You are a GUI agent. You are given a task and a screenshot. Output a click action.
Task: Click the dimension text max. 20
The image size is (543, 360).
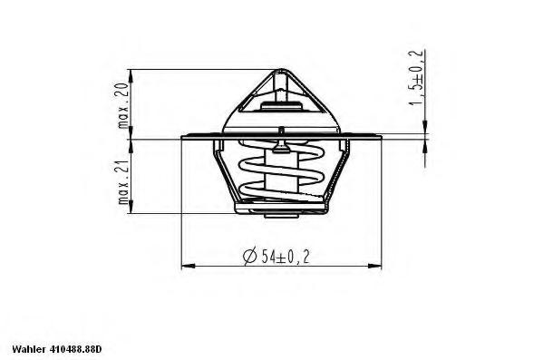pyautogui.click(x=123, y=105)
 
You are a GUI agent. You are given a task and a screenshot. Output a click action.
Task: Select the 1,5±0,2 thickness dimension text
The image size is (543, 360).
pyautogui.click(x=416, y=77)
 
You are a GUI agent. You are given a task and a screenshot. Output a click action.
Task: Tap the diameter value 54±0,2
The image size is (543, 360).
pyautogui.click(x=286, y=257)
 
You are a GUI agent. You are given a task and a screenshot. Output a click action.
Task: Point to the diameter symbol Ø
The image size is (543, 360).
pyautogui.click(x=250, y=257)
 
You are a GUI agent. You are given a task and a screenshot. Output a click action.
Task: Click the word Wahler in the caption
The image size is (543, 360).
pyautogui.click(x=28, y=349)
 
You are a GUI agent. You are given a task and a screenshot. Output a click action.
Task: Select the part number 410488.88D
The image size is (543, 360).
pyautogui.click(x=76, y=349)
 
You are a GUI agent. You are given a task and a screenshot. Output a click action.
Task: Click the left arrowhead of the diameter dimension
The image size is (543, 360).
pyautogui.click(x=189, y=266)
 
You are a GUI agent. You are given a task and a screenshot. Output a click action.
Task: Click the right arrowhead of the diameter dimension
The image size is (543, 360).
pyautogui.click(x=374, y=266)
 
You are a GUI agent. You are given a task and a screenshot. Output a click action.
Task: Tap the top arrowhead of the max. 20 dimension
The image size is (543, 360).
pyautogui.click(x=131, y=76)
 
